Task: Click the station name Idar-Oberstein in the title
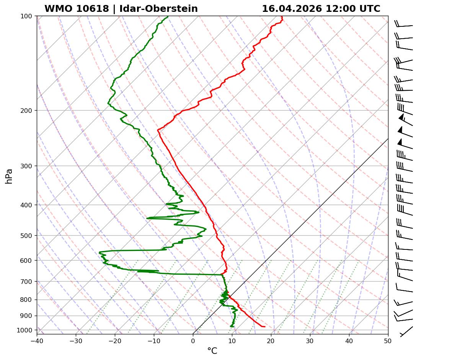click(158, 9)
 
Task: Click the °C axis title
click(212, 351)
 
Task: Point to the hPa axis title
click(9, 176)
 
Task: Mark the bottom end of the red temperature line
click(264, 326)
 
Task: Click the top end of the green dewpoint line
click(168, 16)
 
